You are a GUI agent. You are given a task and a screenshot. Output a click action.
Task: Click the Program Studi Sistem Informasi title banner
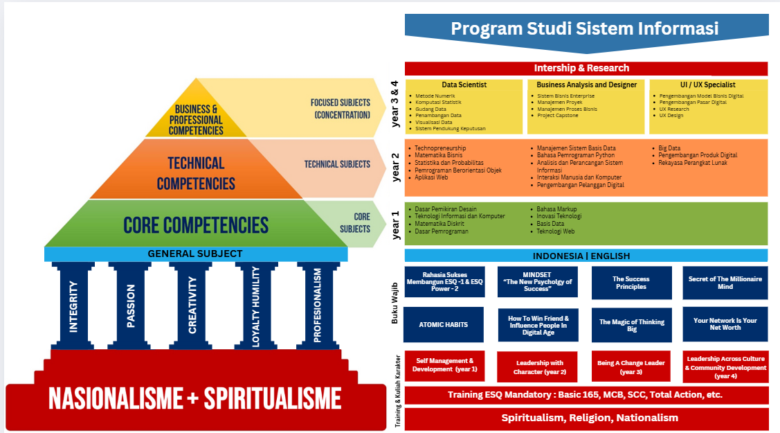click(x=586, y=29)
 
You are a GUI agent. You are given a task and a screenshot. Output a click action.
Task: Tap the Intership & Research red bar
click(x=586, y=68)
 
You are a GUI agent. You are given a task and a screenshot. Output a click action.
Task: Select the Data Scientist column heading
click(x=464, y=85)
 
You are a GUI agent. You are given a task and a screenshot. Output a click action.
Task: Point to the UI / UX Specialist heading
click(x=707, y=85)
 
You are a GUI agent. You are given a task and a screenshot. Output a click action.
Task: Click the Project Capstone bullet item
click(x=558, y=116)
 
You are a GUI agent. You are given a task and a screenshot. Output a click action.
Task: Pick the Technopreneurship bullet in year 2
click(x=440, y=148)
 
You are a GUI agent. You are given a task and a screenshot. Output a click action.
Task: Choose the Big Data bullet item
click(x=669, y=148)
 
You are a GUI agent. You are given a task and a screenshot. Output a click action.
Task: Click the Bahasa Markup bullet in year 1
click(x=556, y=209)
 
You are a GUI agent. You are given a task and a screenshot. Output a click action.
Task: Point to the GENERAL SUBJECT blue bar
click(x=195, y=254)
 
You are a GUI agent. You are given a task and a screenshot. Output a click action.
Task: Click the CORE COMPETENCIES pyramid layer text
click(x=196, y=225)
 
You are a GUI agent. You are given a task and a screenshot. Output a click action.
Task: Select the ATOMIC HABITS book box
click(x=444, y=324)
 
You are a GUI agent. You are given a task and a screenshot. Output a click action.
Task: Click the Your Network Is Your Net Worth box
click(x=725, y=324)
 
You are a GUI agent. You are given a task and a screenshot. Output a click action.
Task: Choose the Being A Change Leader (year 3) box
click(x=631, y=366)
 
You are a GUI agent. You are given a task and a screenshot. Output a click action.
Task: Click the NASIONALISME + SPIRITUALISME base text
click(x=195, y=399)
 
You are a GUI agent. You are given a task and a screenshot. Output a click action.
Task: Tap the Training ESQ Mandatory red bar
click(x=586, y=395)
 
